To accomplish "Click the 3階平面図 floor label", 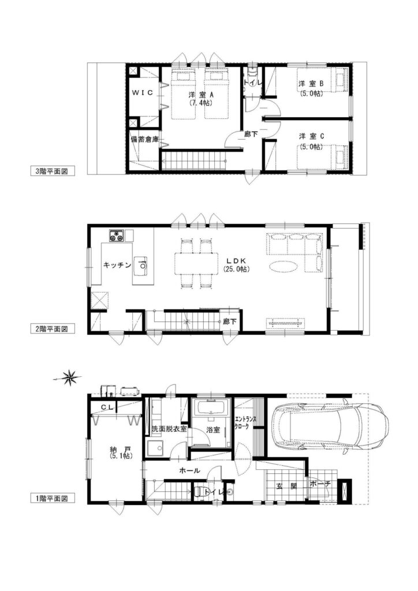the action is tap(50, 171).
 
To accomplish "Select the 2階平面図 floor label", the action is tap(50, 328).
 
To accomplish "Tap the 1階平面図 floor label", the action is tap(50, 498).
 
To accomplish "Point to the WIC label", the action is tap(142, 93).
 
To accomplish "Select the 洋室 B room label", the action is tap(311, 84).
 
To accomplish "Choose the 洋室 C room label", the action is tap(311, 136).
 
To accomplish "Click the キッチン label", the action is tap(117, 265).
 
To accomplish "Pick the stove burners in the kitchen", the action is tap(117, 235).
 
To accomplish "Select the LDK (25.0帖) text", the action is tap(236, 264).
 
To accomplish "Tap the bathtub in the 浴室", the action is tap(211, 407).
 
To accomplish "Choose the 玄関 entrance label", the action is tap(286, 486).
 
